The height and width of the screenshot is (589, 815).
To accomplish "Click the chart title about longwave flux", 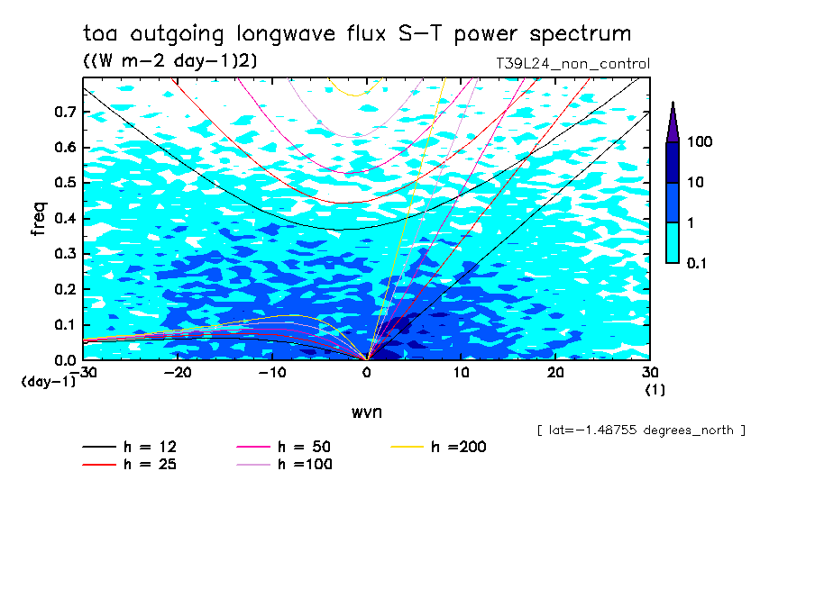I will click(356, 35).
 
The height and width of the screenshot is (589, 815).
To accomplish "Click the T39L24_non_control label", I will click(572, 64).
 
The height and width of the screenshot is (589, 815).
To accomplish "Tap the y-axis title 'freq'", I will click(38, 219).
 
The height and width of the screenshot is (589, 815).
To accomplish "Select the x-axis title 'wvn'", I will click(366, 412).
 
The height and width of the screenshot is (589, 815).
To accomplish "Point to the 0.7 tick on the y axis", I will click(65, 112).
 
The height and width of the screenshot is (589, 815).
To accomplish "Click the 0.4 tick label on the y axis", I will click(65, 219).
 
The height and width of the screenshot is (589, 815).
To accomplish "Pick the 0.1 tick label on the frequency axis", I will click(65, 325).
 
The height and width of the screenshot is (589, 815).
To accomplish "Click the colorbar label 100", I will click(701, 143).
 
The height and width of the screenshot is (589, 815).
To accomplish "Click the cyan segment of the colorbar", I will click(673, 242).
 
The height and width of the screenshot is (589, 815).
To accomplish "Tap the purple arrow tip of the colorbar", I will click(673, 122).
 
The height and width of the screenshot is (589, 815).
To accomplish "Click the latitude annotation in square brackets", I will click(640, 430).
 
